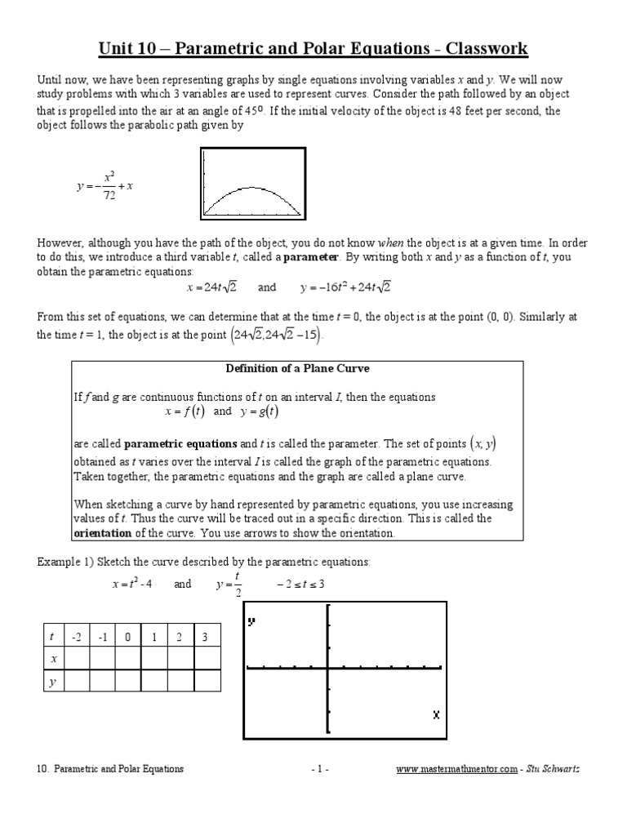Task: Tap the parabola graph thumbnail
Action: click(253, 184)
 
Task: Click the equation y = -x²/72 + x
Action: click(104, 185)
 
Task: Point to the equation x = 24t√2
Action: click(211, 287)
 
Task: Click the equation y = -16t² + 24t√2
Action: click(345, 287)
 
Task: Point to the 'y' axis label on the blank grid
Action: click(251, 621)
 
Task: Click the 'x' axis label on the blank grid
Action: click(436, 714)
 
